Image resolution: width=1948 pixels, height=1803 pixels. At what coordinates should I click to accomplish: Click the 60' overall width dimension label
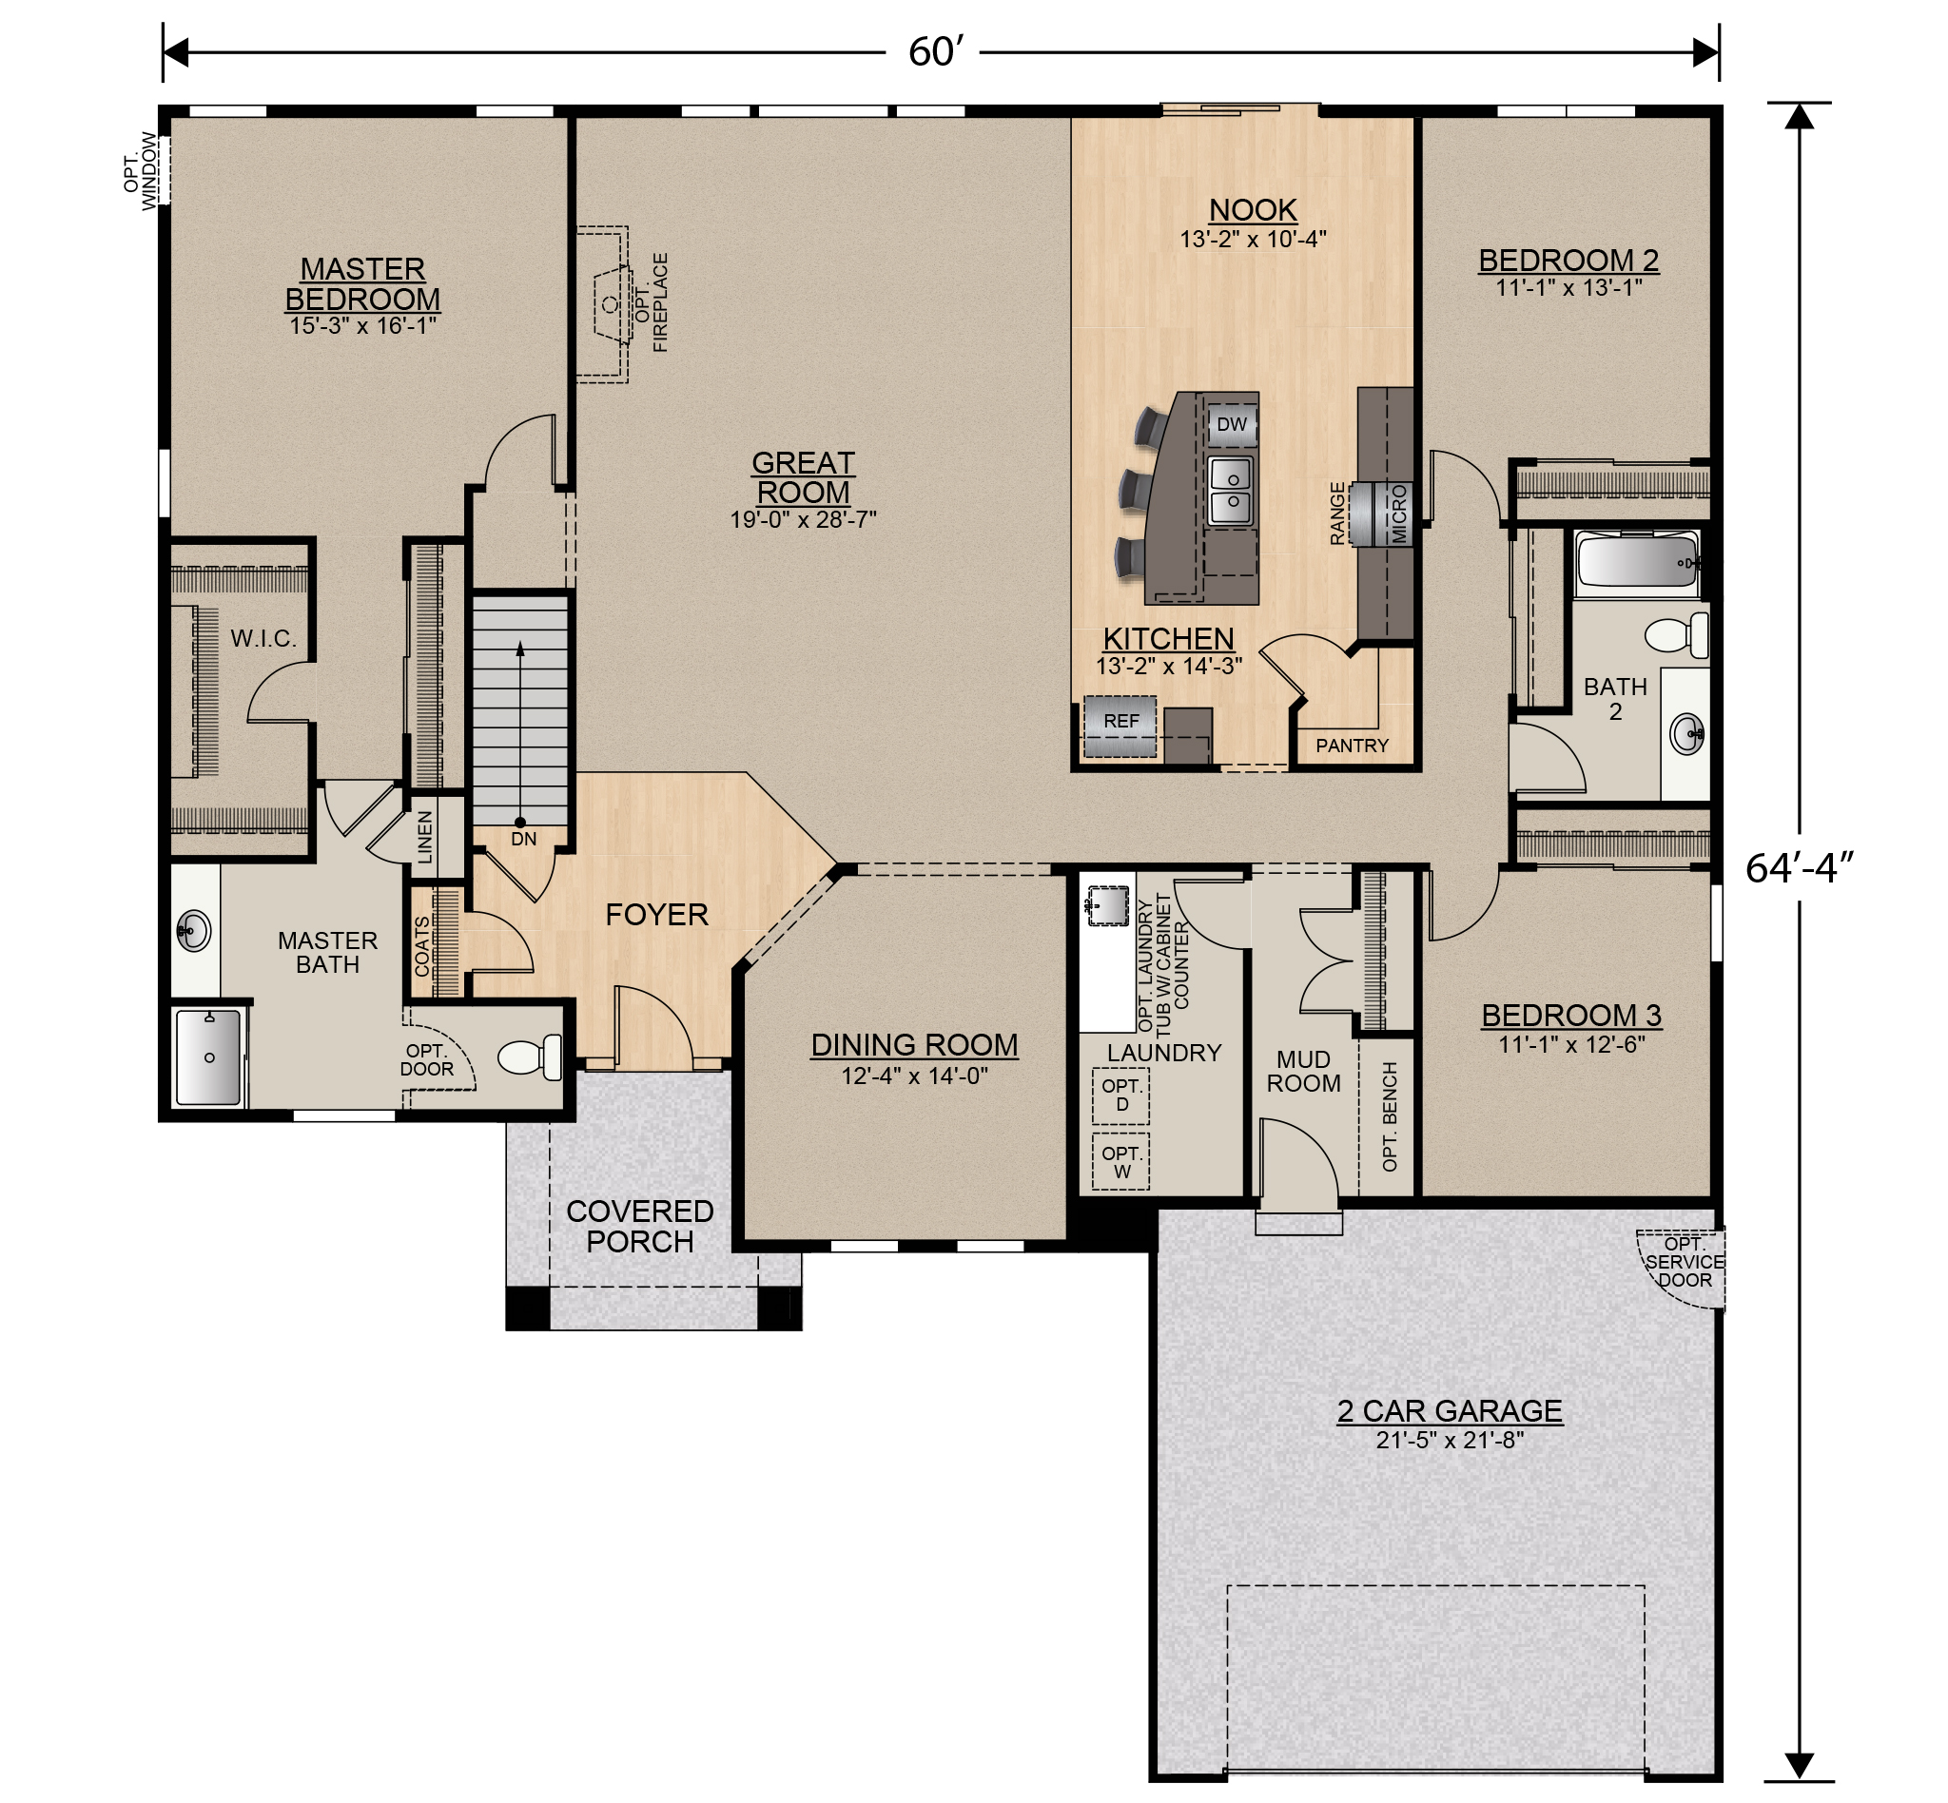pos(935,51)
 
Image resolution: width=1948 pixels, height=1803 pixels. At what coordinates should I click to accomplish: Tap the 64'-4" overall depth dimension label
pos(1798,867)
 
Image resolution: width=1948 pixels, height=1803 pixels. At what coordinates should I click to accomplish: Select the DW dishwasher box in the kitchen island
pos(1232,425)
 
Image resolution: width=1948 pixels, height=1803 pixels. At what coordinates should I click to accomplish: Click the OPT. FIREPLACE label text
pos(652,302)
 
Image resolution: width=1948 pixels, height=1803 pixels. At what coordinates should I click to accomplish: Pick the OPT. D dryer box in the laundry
pos(1120,1095)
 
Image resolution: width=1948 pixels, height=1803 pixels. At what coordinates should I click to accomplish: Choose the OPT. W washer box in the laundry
pos(1120,1162)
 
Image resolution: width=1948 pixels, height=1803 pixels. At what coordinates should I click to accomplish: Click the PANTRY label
pos(1352,746)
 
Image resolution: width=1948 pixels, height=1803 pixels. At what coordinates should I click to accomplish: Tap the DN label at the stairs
pos(523,839)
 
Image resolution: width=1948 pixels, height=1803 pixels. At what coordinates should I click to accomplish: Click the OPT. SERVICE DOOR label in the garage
pos(1685,1262)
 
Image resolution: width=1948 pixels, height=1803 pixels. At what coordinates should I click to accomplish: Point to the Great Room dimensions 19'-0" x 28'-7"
pos(803,520)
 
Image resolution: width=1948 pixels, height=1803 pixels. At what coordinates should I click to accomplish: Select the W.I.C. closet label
pos(263,639)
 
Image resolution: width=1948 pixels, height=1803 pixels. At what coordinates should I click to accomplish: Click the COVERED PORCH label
pos(640,1227)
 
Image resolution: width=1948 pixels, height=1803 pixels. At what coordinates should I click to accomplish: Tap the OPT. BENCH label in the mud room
pos(1390,1117)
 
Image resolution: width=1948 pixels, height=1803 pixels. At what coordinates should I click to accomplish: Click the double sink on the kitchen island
pos(1231,491)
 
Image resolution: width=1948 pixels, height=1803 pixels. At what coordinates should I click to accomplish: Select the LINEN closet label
pos(425,837)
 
